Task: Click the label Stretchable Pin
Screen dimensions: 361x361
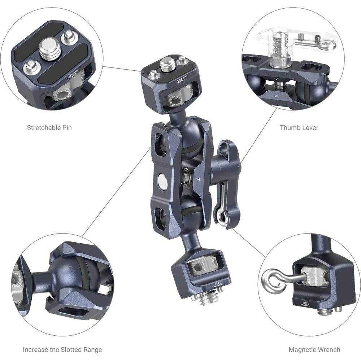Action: point(49,127)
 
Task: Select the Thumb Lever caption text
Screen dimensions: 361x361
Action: point(299,127)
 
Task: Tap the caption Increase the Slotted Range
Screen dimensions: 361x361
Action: point(62,349)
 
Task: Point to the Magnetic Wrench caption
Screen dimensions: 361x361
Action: point(314,349)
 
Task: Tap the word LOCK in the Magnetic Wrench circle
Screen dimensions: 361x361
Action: point(306,304)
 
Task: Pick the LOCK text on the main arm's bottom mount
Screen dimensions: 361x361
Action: point(218,284)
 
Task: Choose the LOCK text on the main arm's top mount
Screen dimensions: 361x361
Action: point(182,79)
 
